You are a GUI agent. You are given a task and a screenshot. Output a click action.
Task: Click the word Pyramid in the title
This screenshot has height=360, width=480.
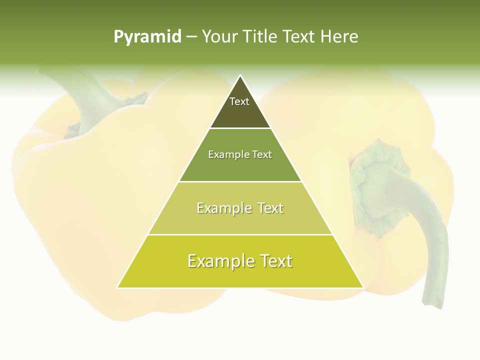[147, 37]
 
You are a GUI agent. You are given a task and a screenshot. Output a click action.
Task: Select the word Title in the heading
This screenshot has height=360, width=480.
[260, 37]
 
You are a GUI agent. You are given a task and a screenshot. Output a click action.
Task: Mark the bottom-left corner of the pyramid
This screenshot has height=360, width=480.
[117, 287]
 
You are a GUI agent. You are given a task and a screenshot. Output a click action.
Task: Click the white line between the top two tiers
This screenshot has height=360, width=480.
[240, 128]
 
